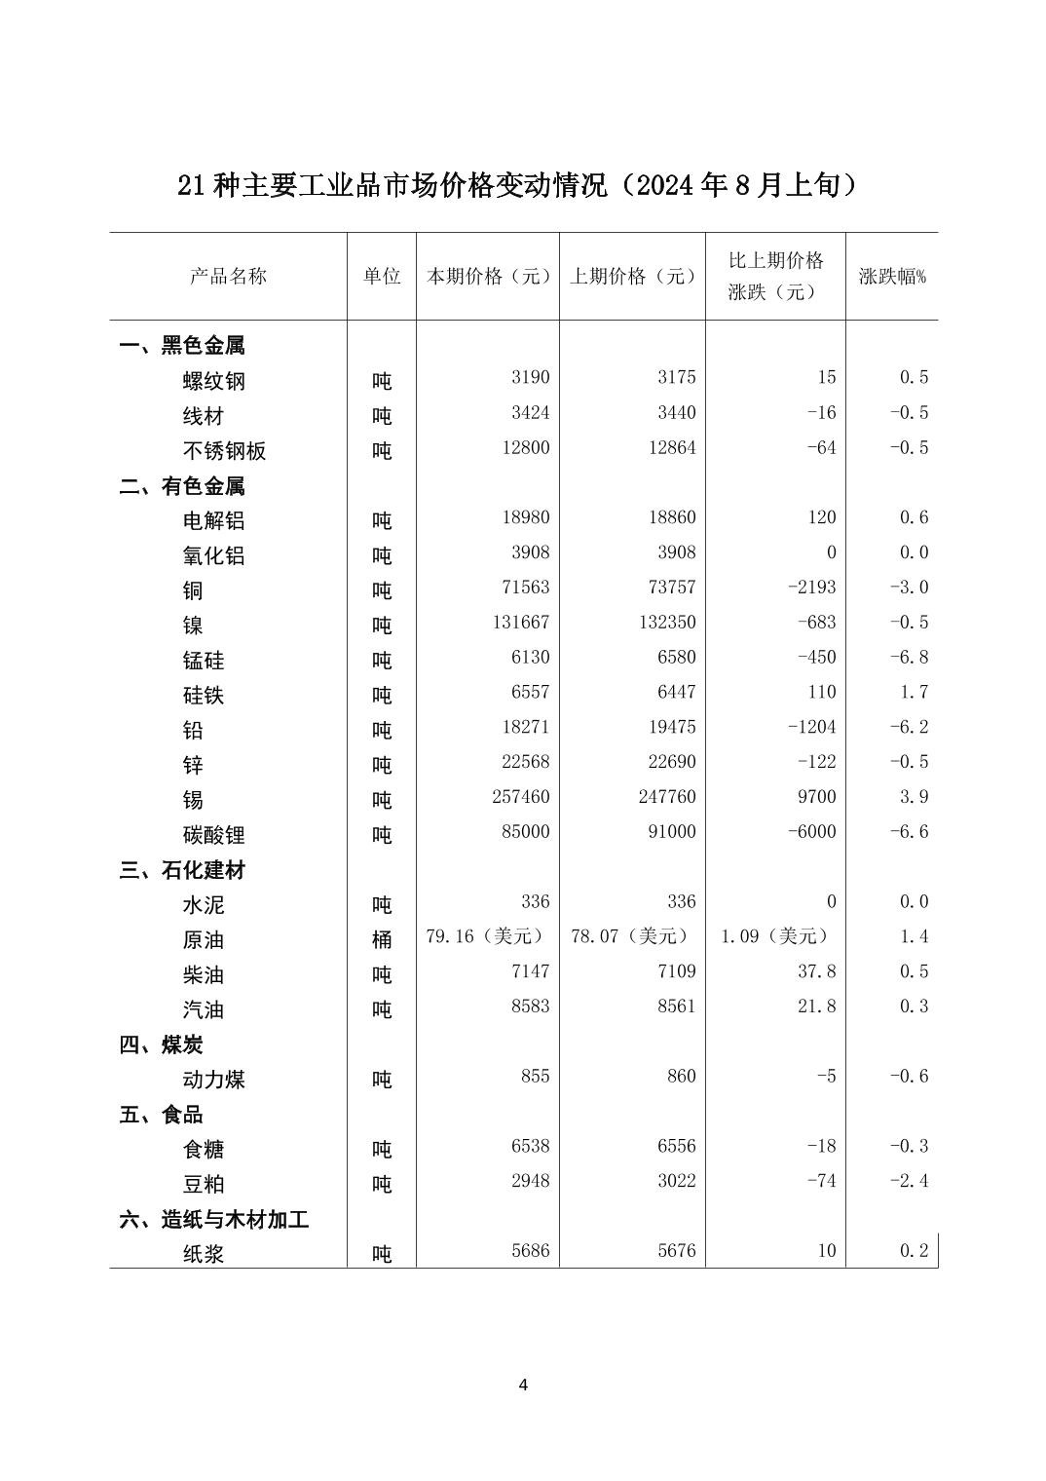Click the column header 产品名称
tap(228, 276)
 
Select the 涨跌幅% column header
tap(892, 276)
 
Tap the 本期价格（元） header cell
tap(488, 276)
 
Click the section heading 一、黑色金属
tap(182, 346)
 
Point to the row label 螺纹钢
tap(214, 381)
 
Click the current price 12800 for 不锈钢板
tap(525, 448)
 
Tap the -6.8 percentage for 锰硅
tap(909, 658)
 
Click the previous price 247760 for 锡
tap(667, 797)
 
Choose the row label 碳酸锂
tap(214, 835)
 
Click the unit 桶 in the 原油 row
tap(382, 939)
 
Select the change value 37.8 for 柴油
tap(816, 971)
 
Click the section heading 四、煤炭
tap(162, 1044)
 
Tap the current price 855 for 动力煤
tap(535, 1077)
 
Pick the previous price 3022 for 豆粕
tap(677, 1181)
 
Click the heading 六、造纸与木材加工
tap(214, 1219)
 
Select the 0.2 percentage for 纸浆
tap(914, 1251)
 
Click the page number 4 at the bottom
tap(523, 1386)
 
